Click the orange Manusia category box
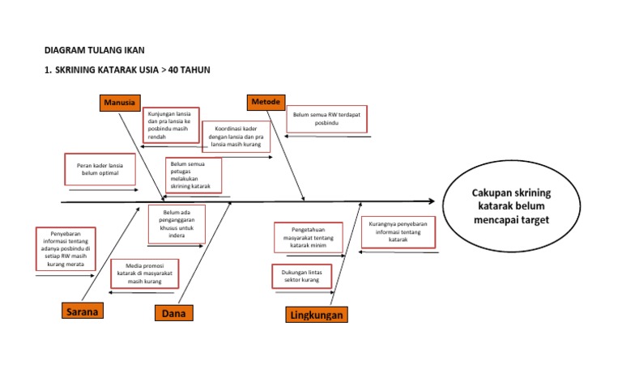[x=120, y=103]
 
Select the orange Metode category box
[x=266, y=102]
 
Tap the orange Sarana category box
[x=84, y=311]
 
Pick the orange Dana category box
[x=176, y=313]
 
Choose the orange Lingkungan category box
[x=316, y=315]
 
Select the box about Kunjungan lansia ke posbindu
[x=173, y=125]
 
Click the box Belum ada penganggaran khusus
[x=177, y=224]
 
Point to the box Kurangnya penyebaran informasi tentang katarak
[x=398, y=232]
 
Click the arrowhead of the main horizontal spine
[x=432, y=201]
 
